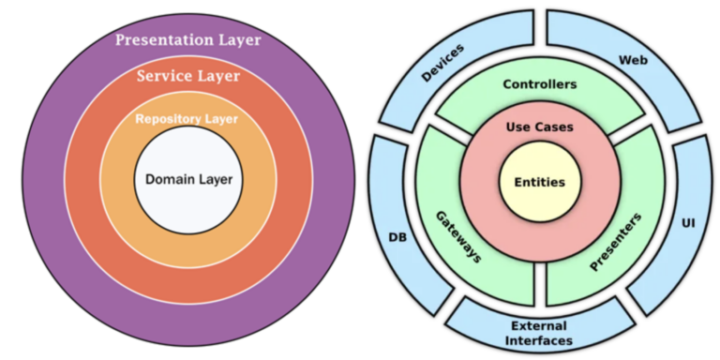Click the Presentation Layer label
pos(187,40)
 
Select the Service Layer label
pos(187,76)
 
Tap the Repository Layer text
pos(187,119)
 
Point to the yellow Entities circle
pos(539,182)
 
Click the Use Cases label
pos(539,127)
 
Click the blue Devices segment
pos(442,67)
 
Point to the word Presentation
pos(158,40)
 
